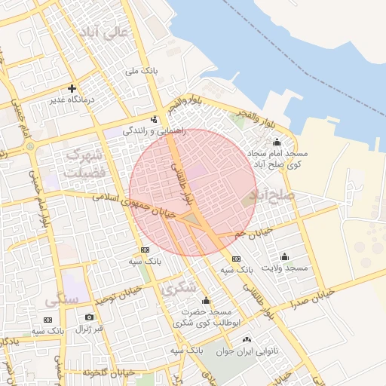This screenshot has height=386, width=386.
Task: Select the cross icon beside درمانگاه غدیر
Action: click(72, 88)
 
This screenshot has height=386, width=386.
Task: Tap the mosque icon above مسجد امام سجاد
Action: click(276, 142)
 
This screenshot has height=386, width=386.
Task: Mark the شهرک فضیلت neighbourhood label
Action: click(83, 163)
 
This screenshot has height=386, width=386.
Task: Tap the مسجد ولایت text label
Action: click(285, 268)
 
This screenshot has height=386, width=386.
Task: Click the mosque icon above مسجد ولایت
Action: click(284, 256)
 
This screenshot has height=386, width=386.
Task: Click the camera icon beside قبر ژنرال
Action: click(90, 317)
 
